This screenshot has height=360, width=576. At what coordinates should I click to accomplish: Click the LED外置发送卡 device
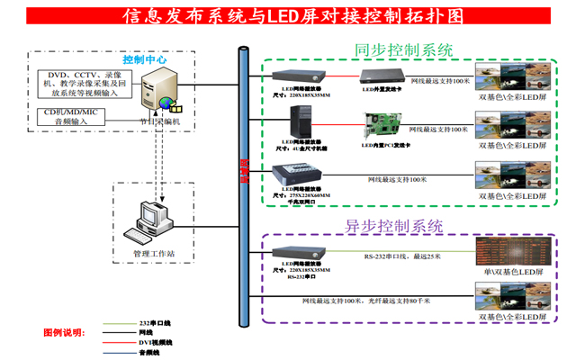pos(382,76)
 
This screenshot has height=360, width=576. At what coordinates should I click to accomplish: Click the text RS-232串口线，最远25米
pos(403,256)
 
